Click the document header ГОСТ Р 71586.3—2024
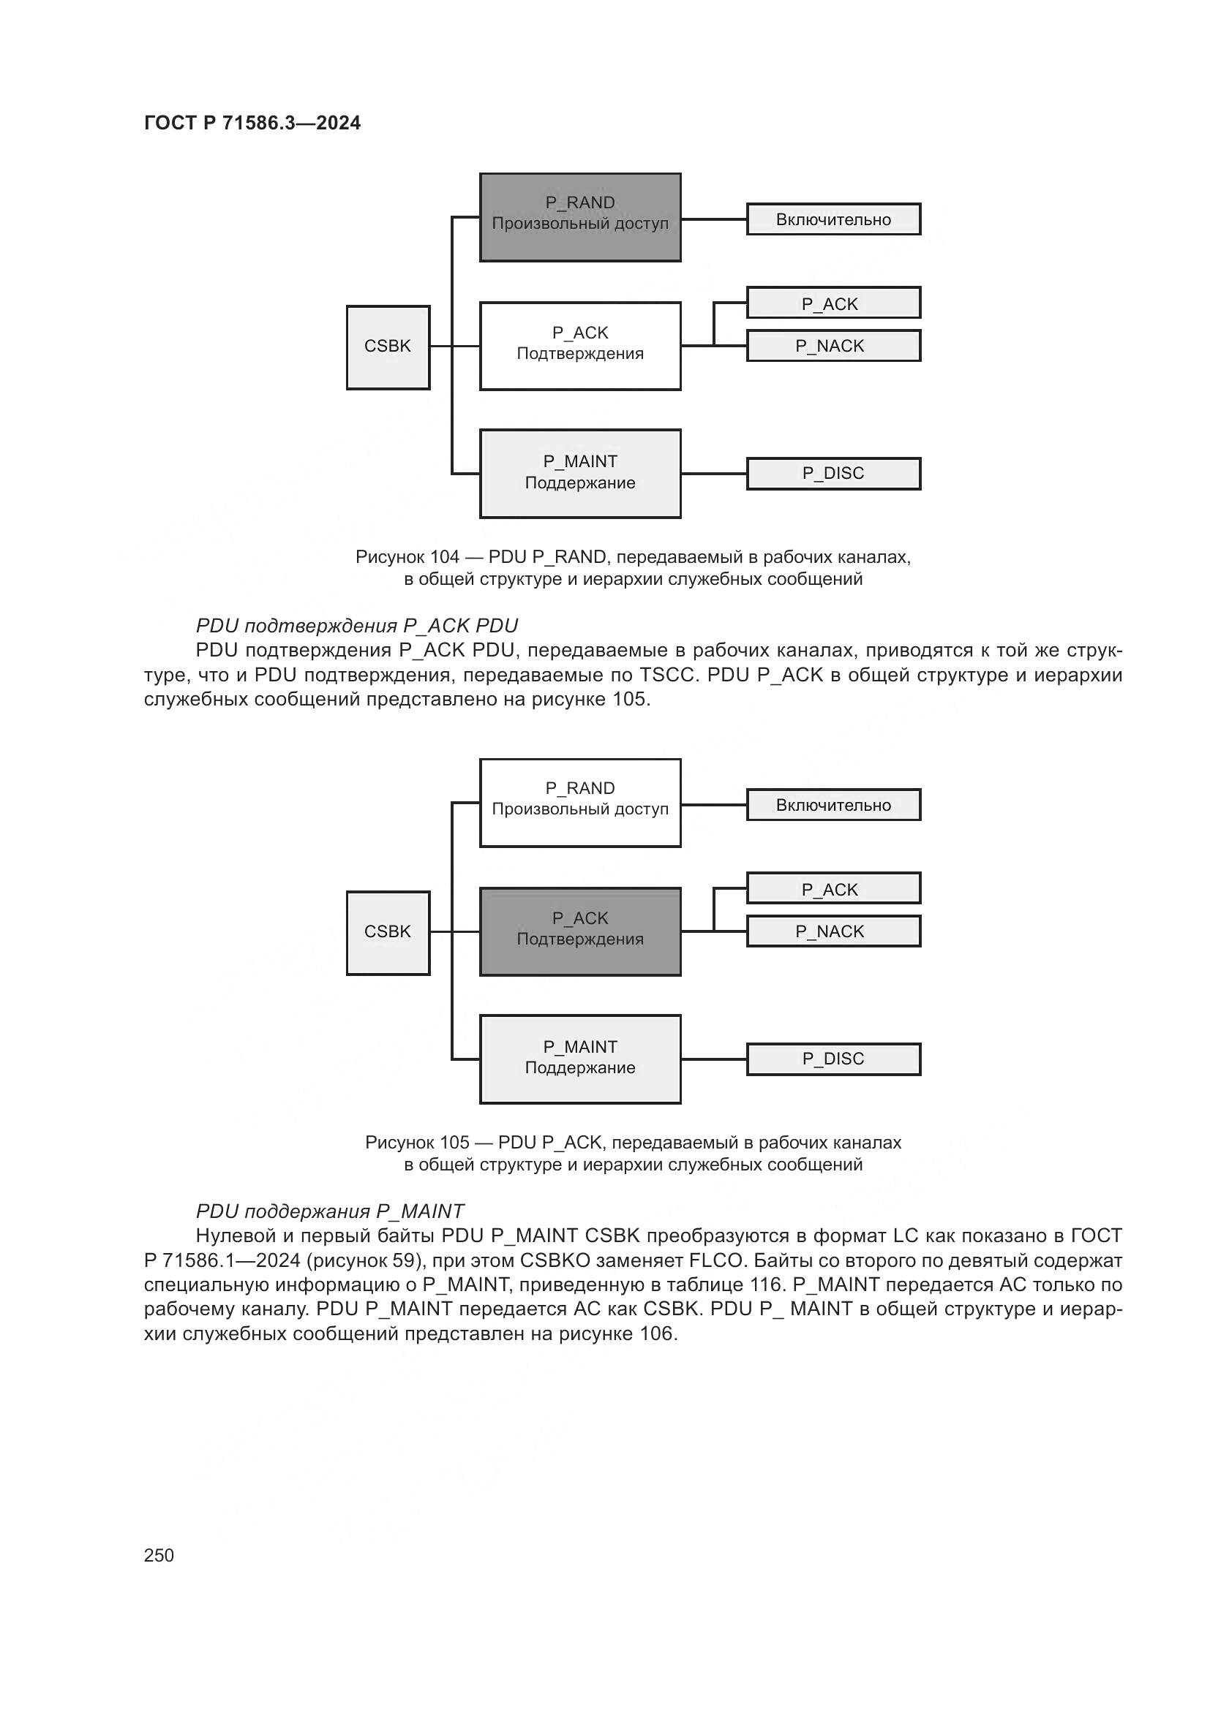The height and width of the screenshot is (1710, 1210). [252, 123]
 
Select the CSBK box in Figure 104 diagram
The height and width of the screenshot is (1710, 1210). [388, 347]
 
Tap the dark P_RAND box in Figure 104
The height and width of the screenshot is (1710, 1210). [579, 216]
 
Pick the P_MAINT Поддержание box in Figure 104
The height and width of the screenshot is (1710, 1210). [579, 473]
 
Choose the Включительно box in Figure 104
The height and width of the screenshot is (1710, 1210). [833, 220]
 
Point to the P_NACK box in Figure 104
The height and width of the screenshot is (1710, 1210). [833, 346]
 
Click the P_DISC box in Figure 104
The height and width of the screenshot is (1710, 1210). [833, 474]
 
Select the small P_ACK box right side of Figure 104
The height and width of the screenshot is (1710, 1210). [833, 303]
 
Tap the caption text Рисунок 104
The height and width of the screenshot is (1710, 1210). [633, 567]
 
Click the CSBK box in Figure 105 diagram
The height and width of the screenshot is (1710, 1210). [388, 931]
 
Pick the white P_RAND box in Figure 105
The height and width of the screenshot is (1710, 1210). [579, 802]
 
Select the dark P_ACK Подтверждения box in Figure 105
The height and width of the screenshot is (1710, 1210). [579, 931]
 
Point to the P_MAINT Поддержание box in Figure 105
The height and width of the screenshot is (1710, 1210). [579, 1059]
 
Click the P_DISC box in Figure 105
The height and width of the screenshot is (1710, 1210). [833, 1059]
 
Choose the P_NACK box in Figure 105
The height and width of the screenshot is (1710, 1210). [833, 931]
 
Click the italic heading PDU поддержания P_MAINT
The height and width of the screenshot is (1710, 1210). [329, 1211]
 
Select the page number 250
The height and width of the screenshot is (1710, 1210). [159, 1555]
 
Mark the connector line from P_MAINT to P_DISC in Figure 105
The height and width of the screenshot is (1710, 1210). [714, 1059]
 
